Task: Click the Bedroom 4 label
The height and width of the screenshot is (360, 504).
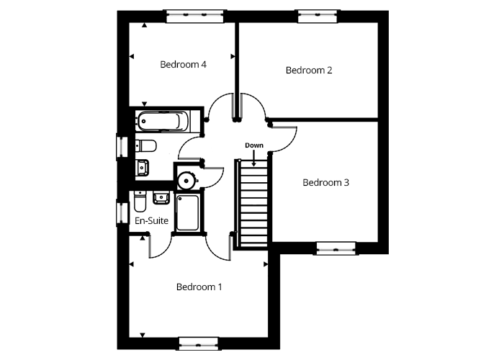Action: (x=183, y=65)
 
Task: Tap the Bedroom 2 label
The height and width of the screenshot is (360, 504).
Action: (x=309, y=70)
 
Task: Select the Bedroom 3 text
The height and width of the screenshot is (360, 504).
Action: (x=325, y=183)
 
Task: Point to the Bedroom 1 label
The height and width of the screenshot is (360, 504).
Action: (x=199, y=287)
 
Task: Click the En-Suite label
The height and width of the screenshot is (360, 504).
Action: (x=151, y=220)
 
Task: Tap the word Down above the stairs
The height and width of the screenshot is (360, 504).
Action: (x=254, y=145)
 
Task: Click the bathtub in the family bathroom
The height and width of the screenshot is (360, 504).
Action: (x=163, y=121)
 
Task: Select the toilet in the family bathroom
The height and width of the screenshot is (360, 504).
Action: (x=145, y=145)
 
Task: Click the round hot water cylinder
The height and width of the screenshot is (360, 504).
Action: (x=186, y=180)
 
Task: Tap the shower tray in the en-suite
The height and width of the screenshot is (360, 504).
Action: (x=187, y=212)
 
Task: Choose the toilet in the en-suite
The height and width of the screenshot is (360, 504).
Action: (x=140, y=201)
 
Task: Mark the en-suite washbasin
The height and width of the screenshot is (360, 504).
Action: (x=161, y=197)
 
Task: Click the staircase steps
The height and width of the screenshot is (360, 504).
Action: (x=254, y=203)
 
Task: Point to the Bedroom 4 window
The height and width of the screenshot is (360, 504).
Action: (x=195, y=16)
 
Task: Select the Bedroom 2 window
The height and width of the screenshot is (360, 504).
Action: (x=318, y=16)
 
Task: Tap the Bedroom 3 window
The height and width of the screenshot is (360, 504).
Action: (x=336, y=248)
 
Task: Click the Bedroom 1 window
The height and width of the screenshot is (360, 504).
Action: (x=199, y=343)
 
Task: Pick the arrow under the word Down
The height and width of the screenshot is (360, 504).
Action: (x=254, y=158)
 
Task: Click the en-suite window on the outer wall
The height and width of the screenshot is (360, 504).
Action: (x=122, y=212)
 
